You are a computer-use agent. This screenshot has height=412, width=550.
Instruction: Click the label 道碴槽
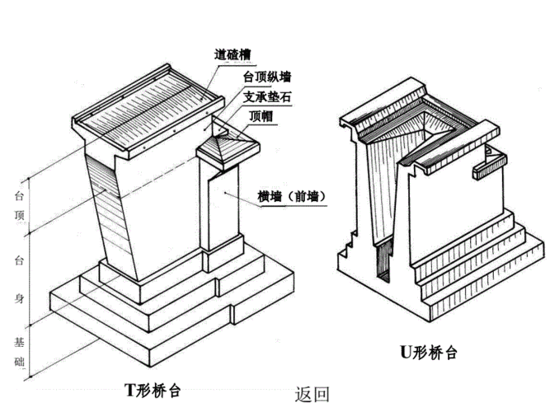coord(233,56)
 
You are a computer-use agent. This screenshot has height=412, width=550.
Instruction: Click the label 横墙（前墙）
coord(291,196)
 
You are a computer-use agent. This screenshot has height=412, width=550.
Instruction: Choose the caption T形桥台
coord(156,387)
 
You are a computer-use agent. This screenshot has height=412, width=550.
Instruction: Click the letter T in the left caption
coord(129,387)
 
